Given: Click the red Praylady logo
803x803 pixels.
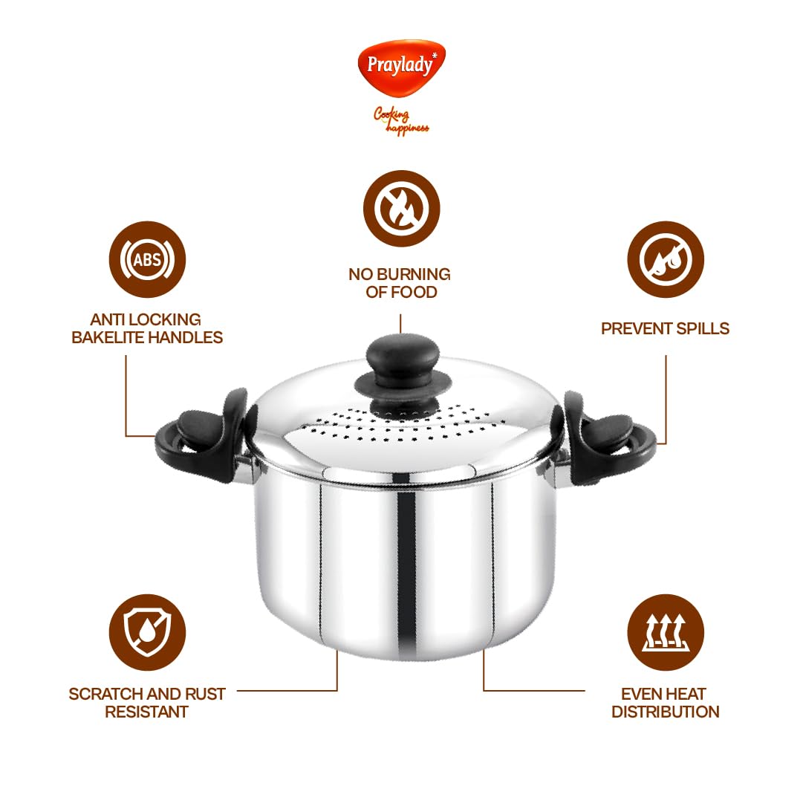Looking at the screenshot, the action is click(401, 67).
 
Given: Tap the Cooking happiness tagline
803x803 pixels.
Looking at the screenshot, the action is click(401, 121).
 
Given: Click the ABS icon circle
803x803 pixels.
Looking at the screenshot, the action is click(148, 259).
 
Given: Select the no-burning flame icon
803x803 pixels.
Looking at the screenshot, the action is click(401, 209).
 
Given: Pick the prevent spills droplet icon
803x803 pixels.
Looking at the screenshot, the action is click(666, 259).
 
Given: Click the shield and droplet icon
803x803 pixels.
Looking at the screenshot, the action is click(148, 632).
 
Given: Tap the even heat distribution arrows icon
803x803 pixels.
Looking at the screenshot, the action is click(666, 632).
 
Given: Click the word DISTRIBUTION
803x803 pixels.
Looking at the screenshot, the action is click(666, 712).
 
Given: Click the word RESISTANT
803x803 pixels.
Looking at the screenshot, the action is click(146, 712).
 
